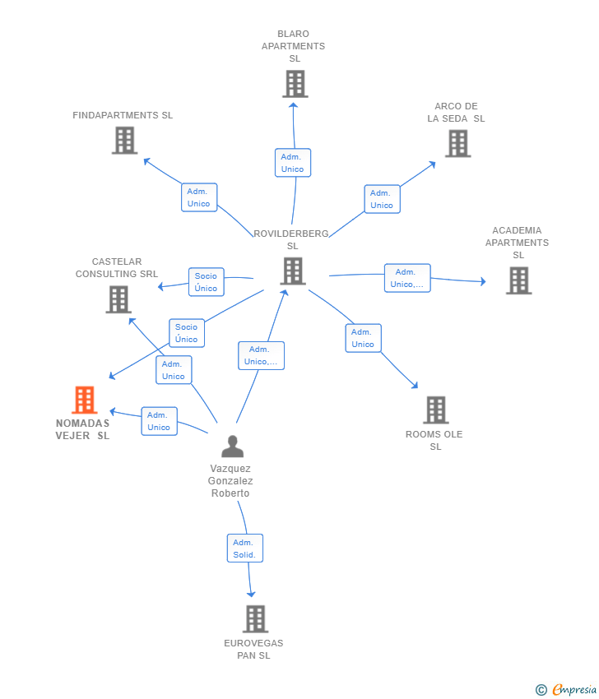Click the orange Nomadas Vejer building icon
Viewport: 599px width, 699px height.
pos(84,400)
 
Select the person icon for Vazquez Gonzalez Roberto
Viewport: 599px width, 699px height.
pos(232,447)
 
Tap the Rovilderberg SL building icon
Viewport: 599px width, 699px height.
pos(293,271)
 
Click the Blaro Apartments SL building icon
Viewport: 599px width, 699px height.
pos(295,84)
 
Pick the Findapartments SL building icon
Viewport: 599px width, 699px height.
pos(124,141)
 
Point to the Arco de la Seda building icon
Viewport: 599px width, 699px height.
pos(458,144)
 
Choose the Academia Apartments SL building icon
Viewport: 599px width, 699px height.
pos(518,280)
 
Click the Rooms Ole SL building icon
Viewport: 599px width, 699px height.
pos(436,410)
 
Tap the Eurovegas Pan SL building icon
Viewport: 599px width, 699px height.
pos(256,618)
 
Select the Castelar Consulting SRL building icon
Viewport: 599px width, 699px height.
pos(118,299)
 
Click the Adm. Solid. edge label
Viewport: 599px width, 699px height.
pos(245,549)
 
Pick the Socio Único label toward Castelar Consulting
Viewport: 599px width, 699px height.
pos(206,282)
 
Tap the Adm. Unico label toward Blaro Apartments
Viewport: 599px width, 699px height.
pos(293,163)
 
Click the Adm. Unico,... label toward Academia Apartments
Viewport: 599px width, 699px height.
pos(407,278)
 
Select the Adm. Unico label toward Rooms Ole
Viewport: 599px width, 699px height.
pos(363,338)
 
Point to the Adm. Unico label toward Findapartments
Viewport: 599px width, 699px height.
pos(199,197)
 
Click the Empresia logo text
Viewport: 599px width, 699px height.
pos(574,690)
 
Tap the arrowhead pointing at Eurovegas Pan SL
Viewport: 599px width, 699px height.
pos(251,594)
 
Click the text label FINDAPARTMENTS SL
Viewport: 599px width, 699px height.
pos(123,115)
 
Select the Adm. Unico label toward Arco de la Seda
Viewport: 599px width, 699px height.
pos(383,199)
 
